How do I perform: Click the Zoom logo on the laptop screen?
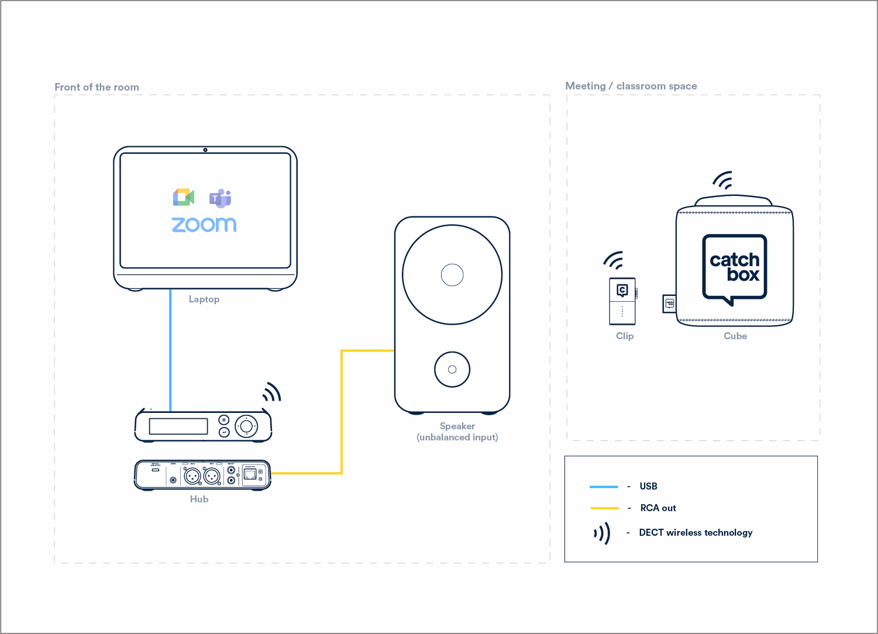[204, 225]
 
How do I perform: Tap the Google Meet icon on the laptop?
[183, 198]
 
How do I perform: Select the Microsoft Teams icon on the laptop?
[221, 198]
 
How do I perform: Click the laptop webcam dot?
[205, 150]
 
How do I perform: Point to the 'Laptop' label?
[204, 299]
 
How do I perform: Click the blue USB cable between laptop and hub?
[170, 351]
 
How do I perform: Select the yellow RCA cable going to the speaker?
[342, 409]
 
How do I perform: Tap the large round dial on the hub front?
[246, 426]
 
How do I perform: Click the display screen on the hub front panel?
[178, 426]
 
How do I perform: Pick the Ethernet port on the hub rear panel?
[251, 474]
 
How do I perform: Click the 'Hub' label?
[199, 499]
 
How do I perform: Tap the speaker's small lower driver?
[452, 370]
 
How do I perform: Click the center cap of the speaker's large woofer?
[452, 275]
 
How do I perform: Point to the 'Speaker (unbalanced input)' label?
[457, 432]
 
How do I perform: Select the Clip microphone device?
[622, 301]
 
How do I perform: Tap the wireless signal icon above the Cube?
[723, 181]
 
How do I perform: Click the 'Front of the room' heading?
[97, 87]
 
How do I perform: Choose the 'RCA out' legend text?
[658, 508]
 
